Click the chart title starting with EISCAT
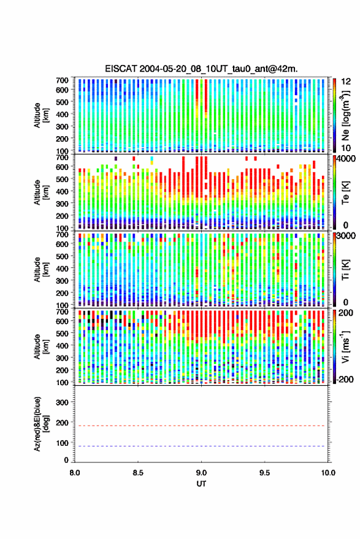201,69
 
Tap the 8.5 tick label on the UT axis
138,473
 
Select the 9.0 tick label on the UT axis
202,473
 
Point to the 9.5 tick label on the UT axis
265,473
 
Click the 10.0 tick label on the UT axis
328,473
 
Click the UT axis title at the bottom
202,484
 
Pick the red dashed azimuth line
200,426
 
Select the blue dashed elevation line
200,446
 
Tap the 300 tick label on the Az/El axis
62,402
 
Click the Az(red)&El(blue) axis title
42,424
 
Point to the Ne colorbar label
345,115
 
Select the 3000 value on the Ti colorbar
347,236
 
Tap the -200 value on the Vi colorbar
345,380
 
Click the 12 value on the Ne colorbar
347,82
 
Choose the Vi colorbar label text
345,346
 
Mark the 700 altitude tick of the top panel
62,80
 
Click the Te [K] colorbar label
345,192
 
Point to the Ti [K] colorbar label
345,269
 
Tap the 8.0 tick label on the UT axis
75,473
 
